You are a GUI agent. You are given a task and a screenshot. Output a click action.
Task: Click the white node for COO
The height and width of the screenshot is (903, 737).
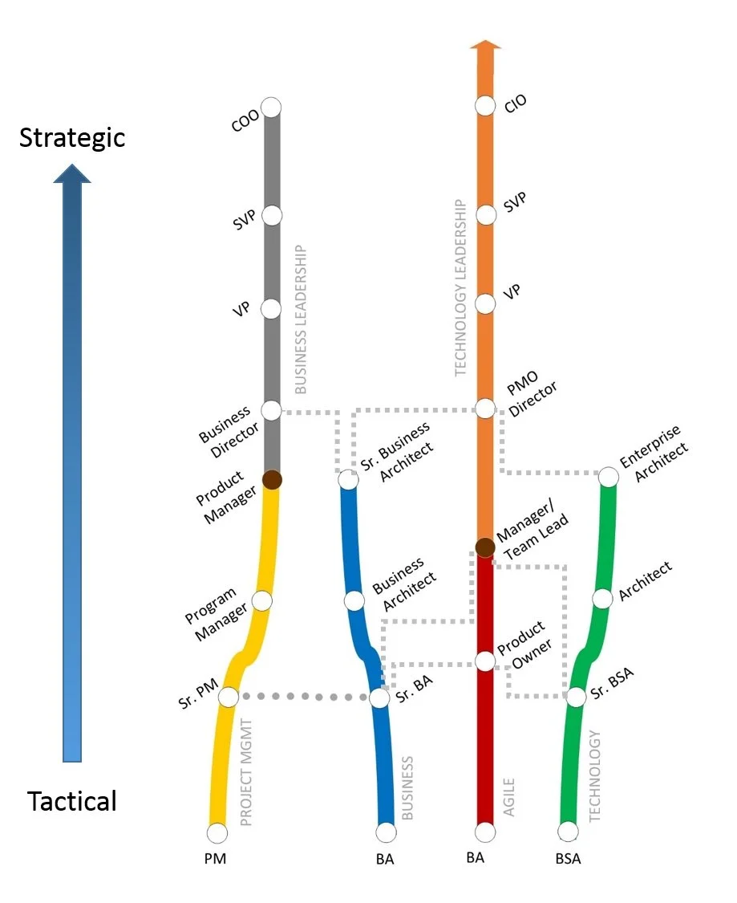272,107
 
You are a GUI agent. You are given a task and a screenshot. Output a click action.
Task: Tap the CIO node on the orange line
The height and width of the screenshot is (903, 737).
484,105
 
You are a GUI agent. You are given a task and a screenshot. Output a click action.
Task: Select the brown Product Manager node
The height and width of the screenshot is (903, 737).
272,480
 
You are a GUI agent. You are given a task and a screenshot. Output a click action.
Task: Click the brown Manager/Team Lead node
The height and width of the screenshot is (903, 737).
484,547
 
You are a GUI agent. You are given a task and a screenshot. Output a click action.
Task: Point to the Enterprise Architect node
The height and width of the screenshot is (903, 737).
609,478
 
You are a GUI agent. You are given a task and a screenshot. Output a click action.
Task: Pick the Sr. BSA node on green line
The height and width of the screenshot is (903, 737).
576,697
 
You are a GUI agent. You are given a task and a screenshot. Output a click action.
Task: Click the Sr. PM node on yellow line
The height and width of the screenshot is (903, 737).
229,697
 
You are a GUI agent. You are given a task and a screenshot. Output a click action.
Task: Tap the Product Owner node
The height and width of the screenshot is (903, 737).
484,661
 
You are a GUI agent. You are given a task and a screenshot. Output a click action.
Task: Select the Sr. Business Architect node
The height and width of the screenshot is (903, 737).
348,480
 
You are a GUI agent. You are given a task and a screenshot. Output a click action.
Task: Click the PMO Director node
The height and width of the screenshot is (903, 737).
484,409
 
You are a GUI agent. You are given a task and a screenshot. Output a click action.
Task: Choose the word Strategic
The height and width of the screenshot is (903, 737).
72,137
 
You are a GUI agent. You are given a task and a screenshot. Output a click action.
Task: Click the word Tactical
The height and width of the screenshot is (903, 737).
72,801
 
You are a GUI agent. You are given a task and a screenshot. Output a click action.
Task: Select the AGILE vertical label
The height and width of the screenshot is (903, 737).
508,796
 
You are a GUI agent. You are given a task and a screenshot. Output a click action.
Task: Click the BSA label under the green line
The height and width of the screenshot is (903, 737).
568,859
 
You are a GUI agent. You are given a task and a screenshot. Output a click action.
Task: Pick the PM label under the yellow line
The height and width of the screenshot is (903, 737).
215,859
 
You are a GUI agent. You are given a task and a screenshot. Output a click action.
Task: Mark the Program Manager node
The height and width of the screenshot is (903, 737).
262,600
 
